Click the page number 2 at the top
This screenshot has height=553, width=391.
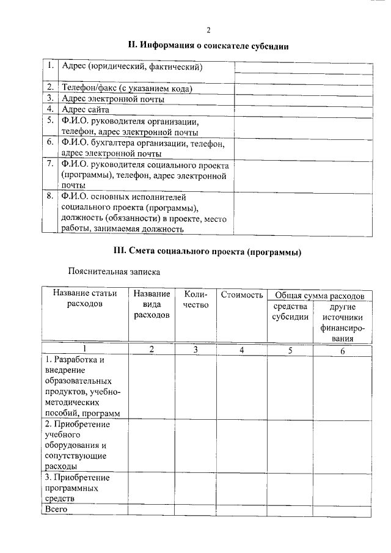(208, 30)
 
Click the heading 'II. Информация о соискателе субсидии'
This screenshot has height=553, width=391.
(208, 45)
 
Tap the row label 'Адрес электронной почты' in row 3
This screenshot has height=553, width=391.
(112, 99)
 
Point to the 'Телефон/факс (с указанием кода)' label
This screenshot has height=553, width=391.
(127, 89)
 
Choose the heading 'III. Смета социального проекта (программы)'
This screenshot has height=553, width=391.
(208, 252)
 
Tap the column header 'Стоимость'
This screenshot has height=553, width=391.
(242, 295)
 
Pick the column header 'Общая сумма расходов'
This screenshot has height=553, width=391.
(320, 295)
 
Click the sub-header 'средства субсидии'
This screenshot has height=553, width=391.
(290, 312)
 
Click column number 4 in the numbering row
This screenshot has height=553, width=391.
(242, 350)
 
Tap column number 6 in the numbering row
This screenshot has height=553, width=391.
(342, 350)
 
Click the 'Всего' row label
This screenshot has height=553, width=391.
(56, 509)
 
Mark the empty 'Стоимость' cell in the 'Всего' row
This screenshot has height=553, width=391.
(242, 509)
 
